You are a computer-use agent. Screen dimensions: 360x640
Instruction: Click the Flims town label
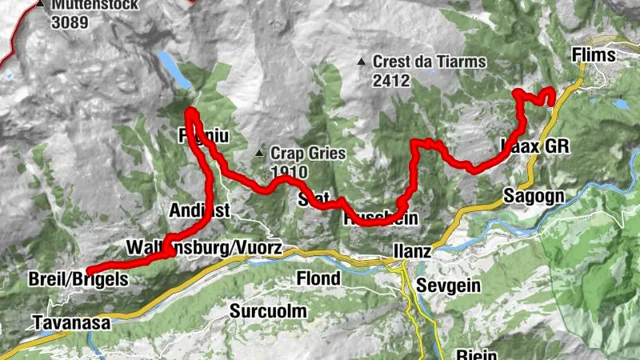594,55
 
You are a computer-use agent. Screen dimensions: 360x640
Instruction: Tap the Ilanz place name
412,250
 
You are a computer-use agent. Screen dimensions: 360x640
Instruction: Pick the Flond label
318,278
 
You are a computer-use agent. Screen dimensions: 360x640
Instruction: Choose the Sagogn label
534,196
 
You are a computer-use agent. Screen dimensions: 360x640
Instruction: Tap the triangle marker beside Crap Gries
259,153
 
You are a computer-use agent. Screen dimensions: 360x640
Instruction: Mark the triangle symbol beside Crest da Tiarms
363,62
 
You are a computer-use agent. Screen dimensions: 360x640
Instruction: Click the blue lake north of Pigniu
174,69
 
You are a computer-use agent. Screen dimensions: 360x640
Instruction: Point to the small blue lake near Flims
620,104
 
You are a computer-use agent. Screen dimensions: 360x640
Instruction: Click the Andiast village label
199,210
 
